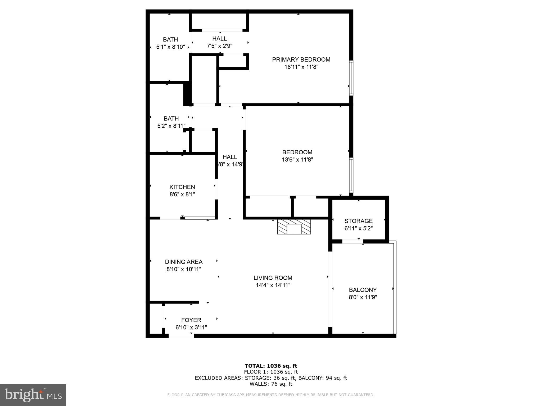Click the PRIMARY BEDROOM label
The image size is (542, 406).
pos(301,60)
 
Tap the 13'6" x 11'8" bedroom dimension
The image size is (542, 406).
pos(297,160)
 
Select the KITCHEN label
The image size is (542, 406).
pos(182,187)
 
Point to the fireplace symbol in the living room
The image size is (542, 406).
pos(294,227)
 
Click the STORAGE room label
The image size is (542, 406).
pos(358,221)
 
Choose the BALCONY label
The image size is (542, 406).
pos(363,290)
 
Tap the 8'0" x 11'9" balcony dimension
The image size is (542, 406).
pos(363,297)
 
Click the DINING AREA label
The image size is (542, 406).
pos(184,262)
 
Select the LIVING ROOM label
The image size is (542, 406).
pos(273,278)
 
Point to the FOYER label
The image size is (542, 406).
pos(191,320)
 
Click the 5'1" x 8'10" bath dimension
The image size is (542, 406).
pos(170,47)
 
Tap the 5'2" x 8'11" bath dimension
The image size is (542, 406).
pos(171,126)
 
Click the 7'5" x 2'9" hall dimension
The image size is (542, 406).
pos(219,46)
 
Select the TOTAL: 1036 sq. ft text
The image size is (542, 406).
pos(271,366)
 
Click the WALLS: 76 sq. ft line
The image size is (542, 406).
pos(271,384)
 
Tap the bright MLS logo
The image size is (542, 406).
pos(33,395)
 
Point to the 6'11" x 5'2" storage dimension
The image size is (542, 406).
pos(358,228)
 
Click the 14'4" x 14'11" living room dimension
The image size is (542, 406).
pos(273,285)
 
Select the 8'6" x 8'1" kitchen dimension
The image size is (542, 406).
pos(182,195)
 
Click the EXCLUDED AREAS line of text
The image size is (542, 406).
pos(271,378)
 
